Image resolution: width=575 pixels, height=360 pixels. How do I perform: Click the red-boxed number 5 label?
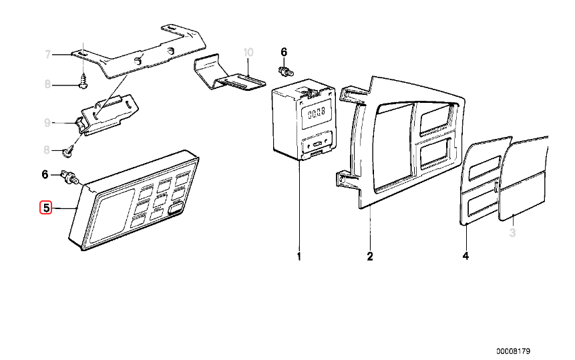46,208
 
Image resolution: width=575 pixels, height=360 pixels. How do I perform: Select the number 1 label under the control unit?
299,256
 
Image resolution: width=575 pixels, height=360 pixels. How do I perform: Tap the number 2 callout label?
369,256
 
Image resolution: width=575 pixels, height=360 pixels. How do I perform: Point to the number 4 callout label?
465,256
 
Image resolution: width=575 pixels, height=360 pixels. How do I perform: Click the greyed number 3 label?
513,233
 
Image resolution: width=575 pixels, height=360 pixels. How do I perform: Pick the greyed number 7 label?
47,55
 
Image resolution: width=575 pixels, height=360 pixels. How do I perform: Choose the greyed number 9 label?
47,122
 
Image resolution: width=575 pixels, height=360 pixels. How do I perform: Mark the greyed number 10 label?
248,51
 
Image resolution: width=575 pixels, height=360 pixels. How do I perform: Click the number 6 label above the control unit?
283,51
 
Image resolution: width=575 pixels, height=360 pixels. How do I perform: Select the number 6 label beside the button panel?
45,174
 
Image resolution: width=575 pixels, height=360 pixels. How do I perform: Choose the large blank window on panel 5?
112,215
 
